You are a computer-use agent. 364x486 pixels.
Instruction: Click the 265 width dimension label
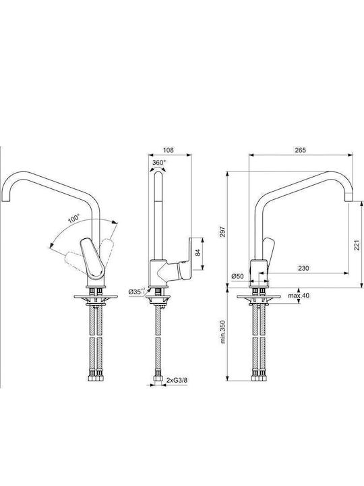point(300,150)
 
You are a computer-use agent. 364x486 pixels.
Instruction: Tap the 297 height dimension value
point(224,232)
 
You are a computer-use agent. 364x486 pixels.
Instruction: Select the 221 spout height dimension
point(357,245)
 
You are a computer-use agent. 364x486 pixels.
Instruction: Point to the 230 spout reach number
point(303,269)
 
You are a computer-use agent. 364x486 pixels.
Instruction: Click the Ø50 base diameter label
point(238,276)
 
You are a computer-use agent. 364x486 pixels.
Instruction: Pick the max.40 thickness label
point(299,296)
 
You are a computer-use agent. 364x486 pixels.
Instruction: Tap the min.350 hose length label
point(224,332)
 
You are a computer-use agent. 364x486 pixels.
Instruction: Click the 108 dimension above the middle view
point(169,150)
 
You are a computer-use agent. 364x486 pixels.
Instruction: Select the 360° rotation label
point(159,162)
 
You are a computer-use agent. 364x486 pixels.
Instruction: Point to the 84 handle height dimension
point(198,252)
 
